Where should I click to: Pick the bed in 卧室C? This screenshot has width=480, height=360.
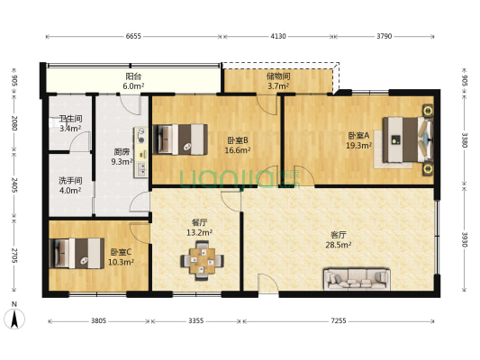[x=76, y=253]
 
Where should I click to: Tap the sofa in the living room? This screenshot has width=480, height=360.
[x=357, y=281]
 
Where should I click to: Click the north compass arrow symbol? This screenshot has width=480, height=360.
[x=15, y=316]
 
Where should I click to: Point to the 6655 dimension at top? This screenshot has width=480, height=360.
[x=133, y=36]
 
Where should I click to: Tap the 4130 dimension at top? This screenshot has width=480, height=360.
[x=278, y=36]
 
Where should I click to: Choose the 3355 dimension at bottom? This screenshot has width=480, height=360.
[x=196, y=319]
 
